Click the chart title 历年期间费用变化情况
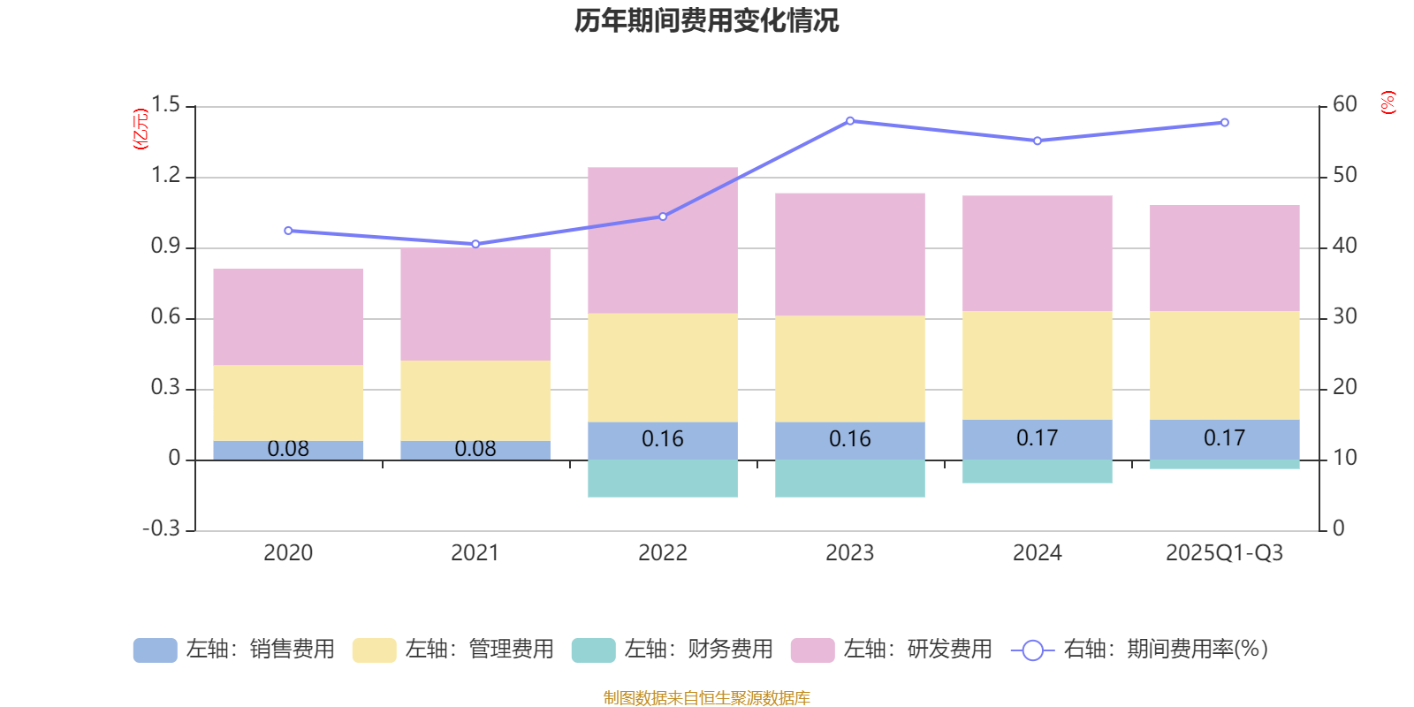pyautogui.click(x=706, y=21)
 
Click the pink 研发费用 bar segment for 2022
pyautogui.click(x=663, y=240)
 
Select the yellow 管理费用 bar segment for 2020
pyautogui.click(x=288, y=403)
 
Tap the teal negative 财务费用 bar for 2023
pyautogui.click(x=850, y=478)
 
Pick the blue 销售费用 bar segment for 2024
pyautogui.click(x=1038, y=439)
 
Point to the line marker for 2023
pyautogui.click(x=850, y=120)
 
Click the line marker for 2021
pyautogui.click(x=475, y=244)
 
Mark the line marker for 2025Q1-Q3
pyautogui.click(x=1225, y=123)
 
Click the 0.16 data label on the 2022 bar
pyautogui.click(x=663, y=439)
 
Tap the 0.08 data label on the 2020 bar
pyautogui.click(x=288, y=449)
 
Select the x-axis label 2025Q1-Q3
pyautogui.click(x=1225, y=553)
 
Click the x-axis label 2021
pyautogui.click(x=475, y=553)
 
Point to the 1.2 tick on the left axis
pyautogui.click(x=165, y=176)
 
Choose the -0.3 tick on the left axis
pyautogui.click(x=161, y=528)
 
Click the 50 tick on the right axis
pyautogui.click(x=1345, y=176)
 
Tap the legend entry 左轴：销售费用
pyautogui.click(x=234, y=650)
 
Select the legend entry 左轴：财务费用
pyautogui.click(x=673, y=650)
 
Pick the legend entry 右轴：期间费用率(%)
pyautogui.click(x=1140, y=650)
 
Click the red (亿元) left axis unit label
pyautogui.click(x=140, y=129)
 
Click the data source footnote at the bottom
pyautogui.click(x=706, y=698)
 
